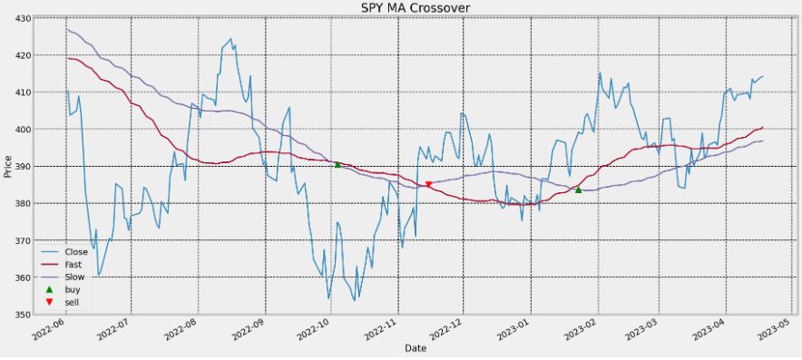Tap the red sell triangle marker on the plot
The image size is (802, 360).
point(429,185)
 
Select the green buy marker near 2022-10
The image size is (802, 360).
point(337,164)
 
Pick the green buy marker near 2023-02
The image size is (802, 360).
point(579,190)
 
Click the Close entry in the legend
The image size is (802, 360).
point(76,251)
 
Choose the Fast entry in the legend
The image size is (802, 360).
point(75,264)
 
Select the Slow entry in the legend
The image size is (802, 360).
point(75,277)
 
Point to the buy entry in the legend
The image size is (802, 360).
point(73,289)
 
